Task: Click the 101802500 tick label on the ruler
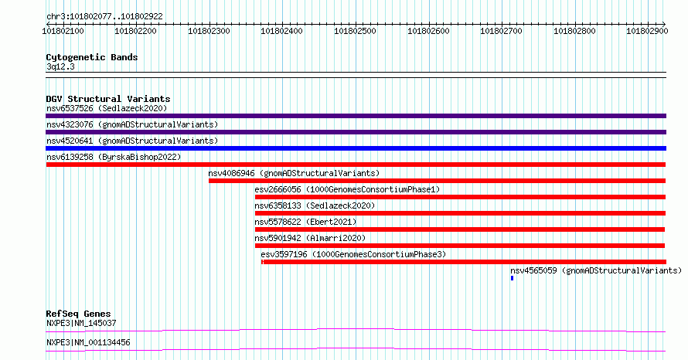click(355, 31)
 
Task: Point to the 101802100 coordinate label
click(63, 31)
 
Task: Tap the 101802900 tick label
click(647, 31)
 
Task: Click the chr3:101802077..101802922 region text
click(104, 16)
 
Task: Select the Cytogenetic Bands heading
click(92, 57)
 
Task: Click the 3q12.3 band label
click(60, 66)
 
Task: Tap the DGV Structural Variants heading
click(108, 99)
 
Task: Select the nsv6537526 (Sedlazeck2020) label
click(107, 108)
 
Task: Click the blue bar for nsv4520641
click(356, 148)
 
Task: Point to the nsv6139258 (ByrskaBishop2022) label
click(114, 157)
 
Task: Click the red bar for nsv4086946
click(437, 181)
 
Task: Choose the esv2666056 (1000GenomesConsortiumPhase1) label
click(347, 189)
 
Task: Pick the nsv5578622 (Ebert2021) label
click(305, 222)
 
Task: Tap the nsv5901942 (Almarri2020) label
click(310, 238)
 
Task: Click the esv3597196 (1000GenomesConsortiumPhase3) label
click(353, 254)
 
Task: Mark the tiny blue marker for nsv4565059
click(512, 278)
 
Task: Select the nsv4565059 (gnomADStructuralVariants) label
click(596, 270)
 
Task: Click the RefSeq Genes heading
click(79, 314)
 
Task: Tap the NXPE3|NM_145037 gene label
click(81, 323)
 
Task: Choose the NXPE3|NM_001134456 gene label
click(88, 342)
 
